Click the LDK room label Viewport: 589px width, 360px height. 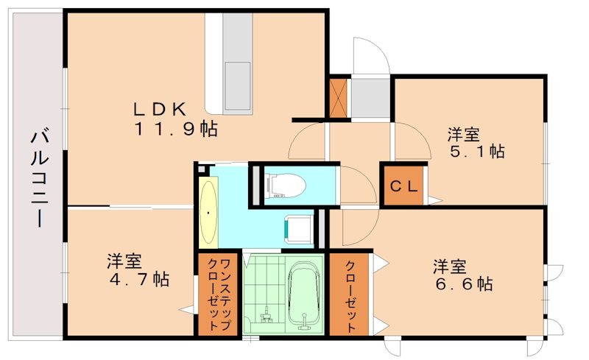click(158, 109)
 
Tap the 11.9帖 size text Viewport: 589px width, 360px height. click(174, 130)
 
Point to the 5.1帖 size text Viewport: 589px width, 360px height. click(476, 152)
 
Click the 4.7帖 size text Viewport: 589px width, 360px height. click(141, 280)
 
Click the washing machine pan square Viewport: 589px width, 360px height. click(299, 228)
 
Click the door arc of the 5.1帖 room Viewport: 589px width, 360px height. click(408, 140)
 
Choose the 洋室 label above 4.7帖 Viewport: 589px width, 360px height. click(124, 261)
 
